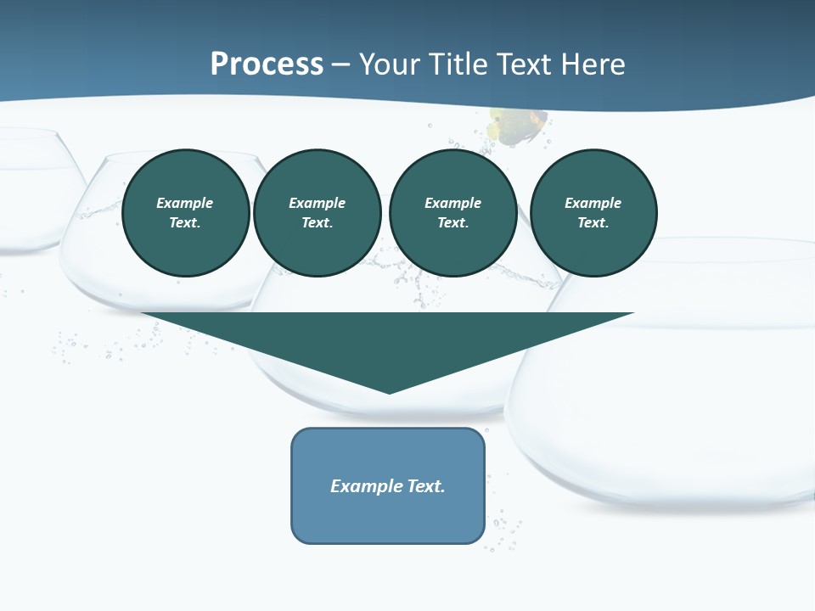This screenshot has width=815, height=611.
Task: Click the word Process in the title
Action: (x=267, y=64)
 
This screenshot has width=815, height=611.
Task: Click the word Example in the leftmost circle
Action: (x=185, y=203)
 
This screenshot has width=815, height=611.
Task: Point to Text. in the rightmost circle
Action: (x=593, y=222)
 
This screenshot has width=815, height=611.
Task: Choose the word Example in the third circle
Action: (x=452, y=203)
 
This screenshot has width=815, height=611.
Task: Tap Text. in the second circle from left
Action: (x=317, y=222)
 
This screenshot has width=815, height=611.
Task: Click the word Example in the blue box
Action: (x=367, y=486)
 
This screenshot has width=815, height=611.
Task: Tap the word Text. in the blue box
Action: (x=426, y=486)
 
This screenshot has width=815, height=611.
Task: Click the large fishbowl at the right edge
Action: (x=679, y=407)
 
